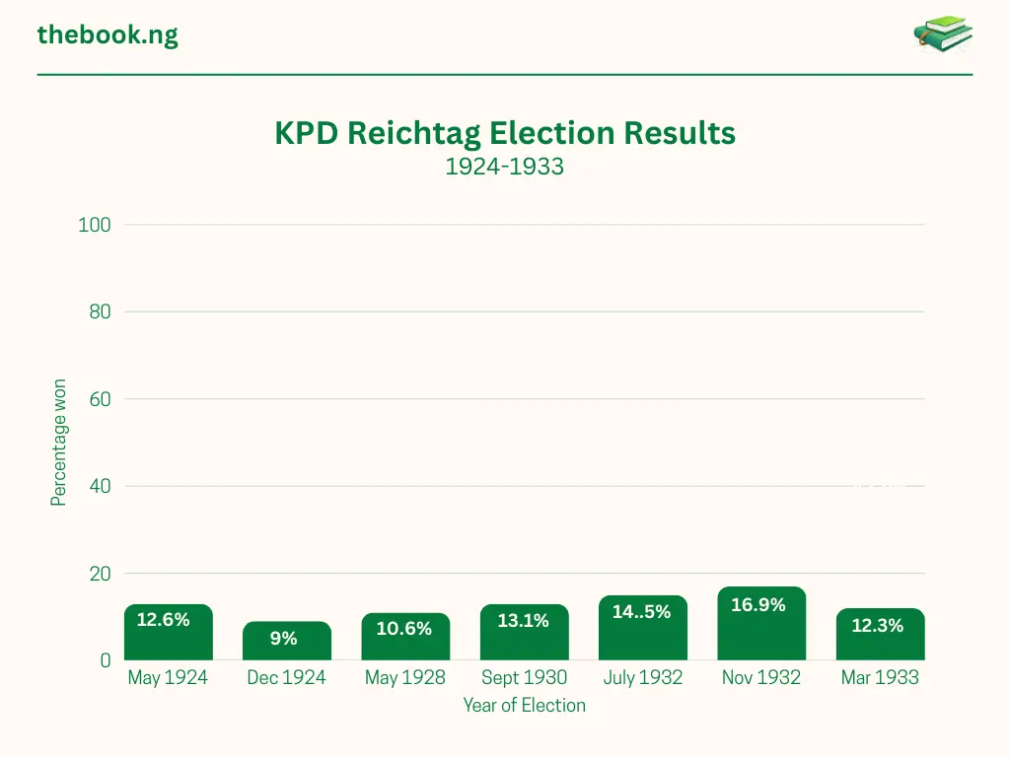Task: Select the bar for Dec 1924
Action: (287, 643)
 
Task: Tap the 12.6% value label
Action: (163, 620)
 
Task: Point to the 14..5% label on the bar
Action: (641, 612)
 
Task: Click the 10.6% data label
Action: (404, 629)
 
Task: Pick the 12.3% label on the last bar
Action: (878, 626)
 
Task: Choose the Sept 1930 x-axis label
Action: (524, 678)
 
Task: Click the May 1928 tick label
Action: (404, 678)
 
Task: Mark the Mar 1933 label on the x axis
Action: (880, 678)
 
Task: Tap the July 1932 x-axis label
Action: (642, 678)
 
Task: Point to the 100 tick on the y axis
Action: (95, 225)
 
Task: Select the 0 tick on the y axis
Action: (106, 660)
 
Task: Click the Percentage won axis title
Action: (59, 443)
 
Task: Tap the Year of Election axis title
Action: (524, 706)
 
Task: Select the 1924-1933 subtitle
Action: (504, 167)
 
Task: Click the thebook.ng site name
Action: (108, 35)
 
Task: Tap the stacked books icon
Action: (943, 35)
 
